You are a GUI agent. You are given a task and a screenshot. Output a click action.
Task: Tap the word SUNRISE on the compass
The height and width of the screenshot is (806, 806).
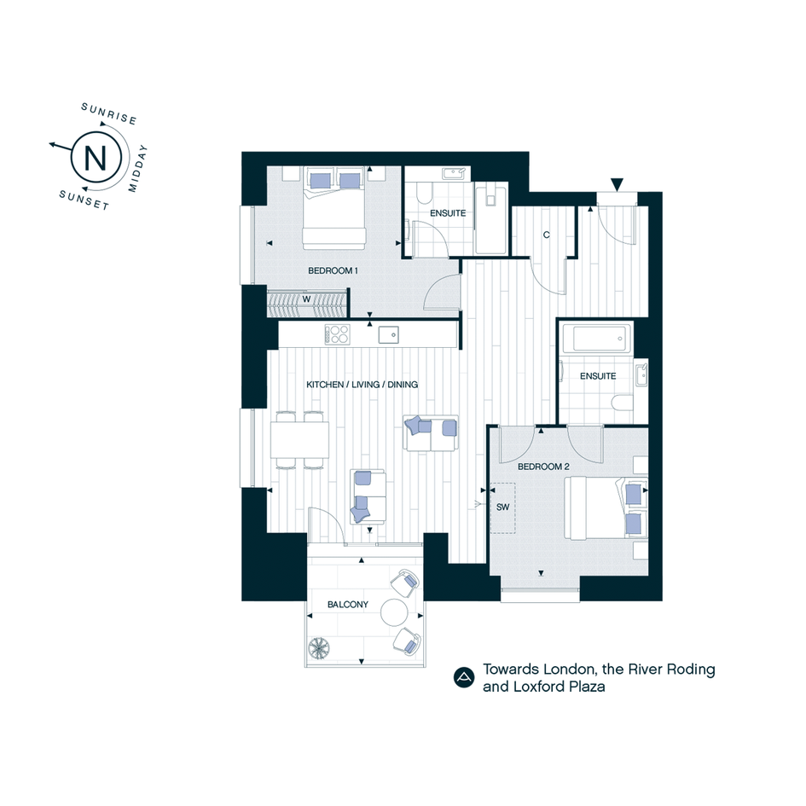coord(109,113)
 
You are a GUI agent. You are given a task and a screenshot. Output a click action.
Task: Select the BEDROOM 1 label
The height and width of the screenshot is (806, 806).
coord(333,271)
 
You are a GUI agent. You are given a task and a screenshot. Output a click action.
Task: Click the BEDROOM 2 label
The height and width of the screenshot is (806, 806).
coord(543,467)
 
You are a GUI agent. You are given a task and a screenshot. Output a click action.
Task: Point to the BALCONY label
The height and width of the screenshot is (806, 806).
coord(348,605)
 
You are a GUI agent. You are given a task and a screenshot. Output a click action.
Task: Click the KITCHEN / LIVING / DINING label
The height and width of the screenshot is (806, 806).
coord(362,385)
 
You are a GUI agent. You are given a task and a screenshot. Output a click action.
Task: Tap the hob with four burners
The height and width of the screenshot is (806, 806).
coord(337,334)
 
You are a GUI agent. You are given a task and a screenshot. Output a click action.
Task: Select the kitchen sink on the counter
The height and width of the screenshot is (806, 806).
coord(389,335)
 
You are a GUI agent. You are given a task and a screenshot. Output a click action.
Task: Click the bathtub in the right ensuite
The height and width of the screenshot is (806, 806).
coord(597,339)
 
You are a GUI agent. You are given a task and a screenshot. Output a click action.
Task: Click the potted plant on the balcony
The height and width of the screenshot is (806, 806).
coord(319,647)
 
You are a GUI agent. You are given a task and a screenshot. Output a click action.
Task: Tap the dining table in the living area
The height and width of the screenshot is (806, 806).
coord(299,439)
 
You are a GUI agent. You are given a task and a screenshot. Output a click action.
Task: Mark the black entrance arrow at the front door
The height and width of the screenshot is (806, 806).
coord(617,184)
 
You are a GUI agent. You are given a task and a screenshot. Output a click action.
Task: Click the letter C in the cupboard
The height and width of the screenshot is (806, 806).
coord(547,235)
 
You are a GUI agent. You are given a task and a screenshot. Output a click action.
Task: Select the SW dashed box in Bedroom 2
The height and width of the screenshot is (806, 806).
coord(502,507)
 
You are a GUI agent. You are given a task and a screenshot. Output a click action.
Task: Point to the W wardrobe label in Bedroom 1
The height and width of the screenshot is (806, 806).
coord(306,299)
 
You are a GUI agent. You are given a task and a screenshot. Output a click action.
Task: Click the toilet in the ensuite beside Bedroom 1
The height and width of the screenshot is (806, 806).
coord(424,194)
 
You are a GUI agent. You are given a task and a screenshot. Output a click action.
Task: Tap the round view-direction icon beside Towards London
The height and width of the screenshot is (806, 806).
coord(464,677)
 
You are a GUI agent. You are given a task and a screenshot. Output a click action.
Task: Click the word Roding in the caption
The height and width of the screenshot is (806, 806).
coord(691,670)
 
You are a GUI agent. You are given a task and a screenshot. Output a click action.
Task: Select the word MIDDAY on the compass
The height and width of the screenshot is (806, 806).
coord(138,169)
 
